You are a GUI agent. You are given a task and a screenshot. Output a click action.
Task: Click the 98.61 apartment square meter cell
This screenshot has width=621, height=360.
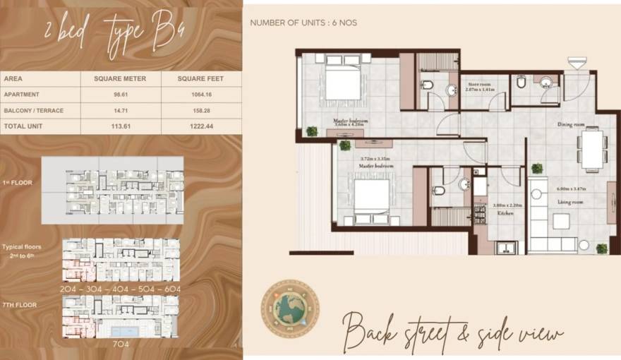120,95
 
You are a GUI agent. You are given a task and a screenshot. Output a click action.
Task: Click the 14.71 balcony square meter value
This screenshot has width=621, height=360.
120,110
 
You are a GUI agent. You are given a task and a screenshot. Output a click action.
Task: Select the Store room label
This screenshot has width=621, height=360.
479,85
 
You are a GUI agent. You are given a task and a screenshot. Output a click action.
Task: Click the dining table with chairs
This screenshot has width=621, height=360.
589,149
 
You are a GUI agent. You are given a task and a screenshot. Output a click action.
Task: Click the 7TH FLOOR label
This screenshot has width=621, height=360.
19,305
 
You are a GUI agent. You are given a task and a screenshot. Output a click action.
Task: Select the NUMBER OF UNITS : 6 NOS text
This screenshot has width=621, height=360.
303,23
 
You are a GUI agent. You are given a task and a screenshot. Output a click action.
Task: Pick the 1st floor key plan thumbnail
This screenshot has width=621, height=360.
111,190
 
